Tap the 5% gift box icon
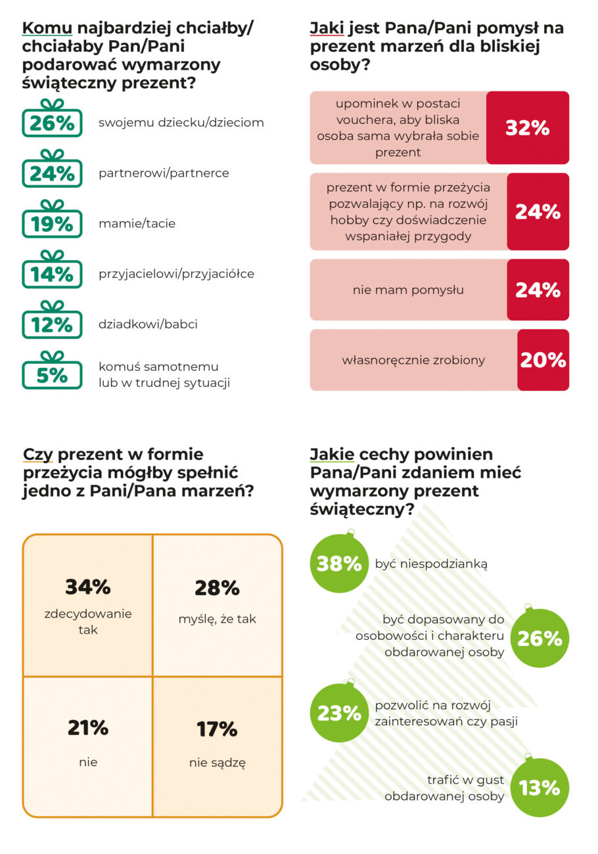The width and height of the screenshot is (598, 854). pyautogui.click(x=53, y=372)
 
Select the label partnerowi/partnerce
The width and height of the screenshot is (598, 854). pyautogui.click(x=164, y=173)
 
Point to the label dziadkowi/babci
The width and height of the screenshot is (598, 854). pyautogui.click(x=148, y=325)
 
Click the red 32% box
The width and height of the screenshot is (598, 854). pyautogui.click(x=527, y=128)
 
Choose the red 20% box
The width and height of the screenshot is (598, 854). pyautogui.click(x=543, y=360)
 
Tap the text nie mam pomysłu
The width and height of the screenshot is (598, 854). pyautogui.click(x=408, y=290)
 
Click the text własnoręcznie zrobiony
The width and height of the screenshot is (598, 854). pyautogui.click(x=413, y=360)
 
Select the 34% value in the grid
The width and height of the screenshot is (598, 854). pyautogui.click(x=88, y=587)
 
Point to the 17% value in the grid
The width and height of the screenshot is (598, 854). pyautogui.click(x=217, y=729)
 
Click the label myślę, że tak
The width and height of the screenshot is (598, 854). pyautogui.click(x=217, y=618)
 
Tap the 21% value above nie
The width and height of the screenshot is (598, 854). pyautogui.click(x=88, y=728)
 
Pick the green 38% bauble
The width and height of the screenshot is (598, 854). pyautogui.click(x=339, y=563)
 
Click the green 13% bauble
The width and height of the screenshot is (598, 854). pyautogui.click(x=540, y=788)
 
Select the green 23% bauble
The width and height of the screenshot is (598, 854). pyautogui.click(x=339, y=713)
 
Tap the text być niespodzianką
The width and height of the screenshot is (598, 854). pyautogui.click(x=431, y=564)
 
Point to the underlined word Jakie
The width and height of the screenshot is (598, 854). pyautogui.click(x=332, y=455)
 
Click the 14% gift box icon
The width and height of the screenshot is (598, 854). pyautogui.click(x=53, y=271)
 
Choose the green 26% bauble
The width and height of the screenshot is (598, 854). pyautogui.click(x=540, y=638)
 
